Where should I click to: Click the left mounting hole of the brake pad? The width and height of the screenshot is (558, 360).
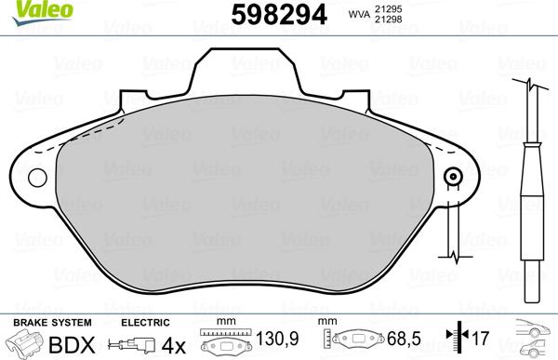tap(38, 178)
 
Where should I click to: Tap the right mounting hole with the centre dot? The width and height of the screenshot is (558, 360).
tap(454, 178)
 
